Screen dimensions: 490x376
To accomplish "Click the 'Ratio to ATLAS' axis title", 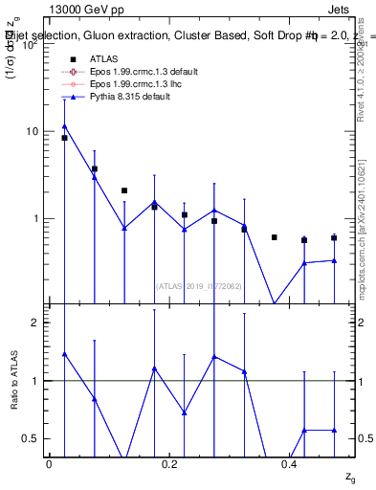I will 15,380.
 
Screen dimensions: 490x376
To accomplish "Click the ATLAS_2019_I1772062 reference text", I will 199,284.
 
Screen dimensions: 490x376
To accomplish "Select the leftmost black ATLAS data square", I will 64,138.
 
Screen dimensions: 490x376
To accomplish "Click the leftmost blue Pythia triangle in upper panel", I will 64,125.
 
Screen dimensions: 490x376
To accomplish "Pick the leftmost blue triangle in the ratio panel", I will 64,354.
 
